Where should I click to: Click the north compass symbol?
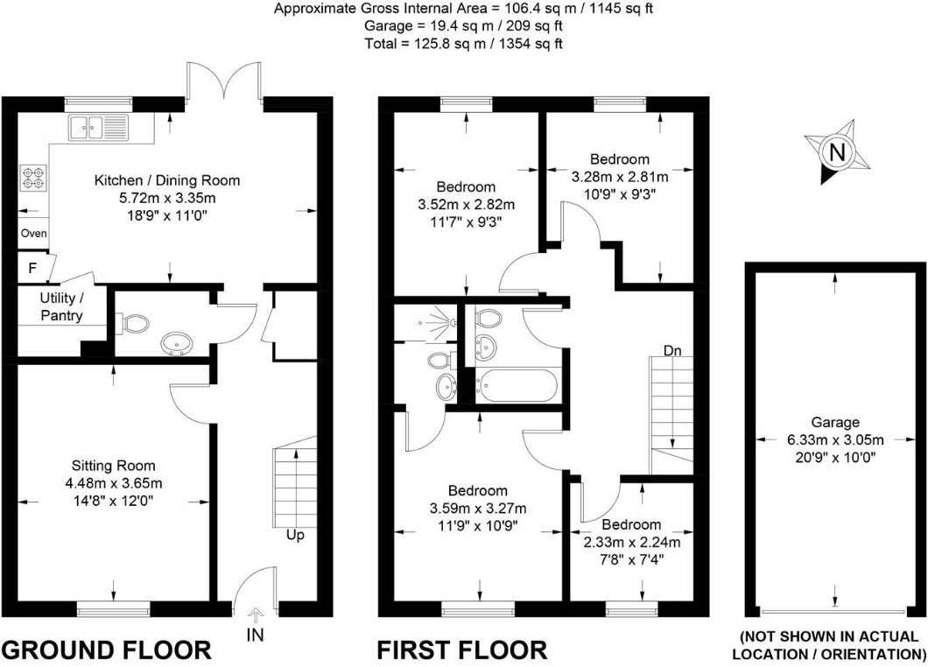(837, 153)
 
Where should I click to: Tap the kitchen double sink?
(96, 128)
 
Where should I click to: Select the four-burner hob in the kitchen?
(34, 179)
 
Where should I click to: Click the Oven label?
(33, 234)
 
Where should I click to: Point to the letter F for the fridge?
(32, 269)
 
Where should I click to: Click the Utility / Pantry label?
(60, 306)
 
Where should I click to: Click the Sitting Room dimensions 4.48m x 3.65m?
(114, 482)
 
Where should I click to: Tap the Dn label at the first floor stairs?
(672, 350)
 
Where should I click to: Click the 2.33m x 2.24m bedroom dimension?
(631, 542)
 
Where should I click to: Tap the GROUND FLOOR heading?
(106, 650)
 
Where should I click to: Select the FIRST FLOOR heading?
(461, 650)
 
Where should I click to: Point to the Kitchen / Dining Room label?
(166, 180)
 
